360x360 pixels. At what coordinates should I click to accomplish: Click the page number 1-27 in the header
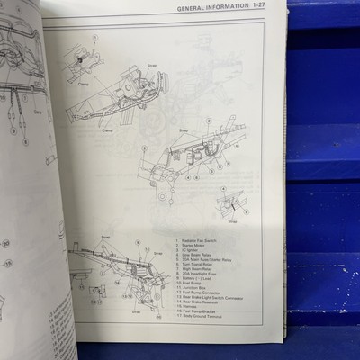tap(271, 8)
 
